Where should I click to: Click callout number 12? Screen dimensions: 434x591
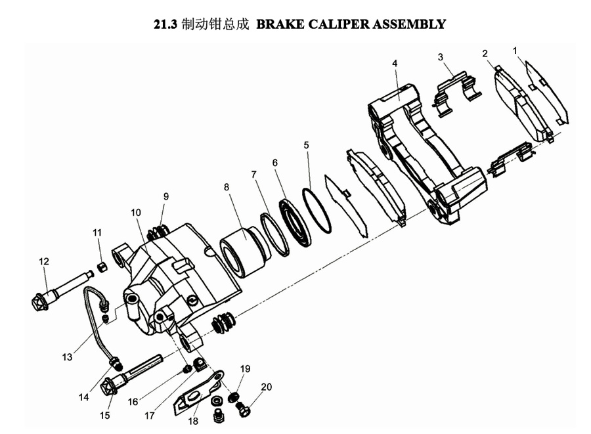44,261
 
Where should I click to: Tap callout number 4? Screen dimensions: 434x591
395,63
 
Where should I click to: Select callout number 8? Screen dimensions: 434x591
227,187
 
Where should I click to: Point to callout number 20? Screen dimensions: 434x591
266,387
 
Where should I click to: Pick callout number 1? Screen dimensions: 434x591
515,50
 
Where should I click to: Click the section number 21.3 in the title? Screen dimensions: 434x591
166,25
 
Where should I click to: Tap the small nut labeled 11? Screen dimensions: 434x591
102,266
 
